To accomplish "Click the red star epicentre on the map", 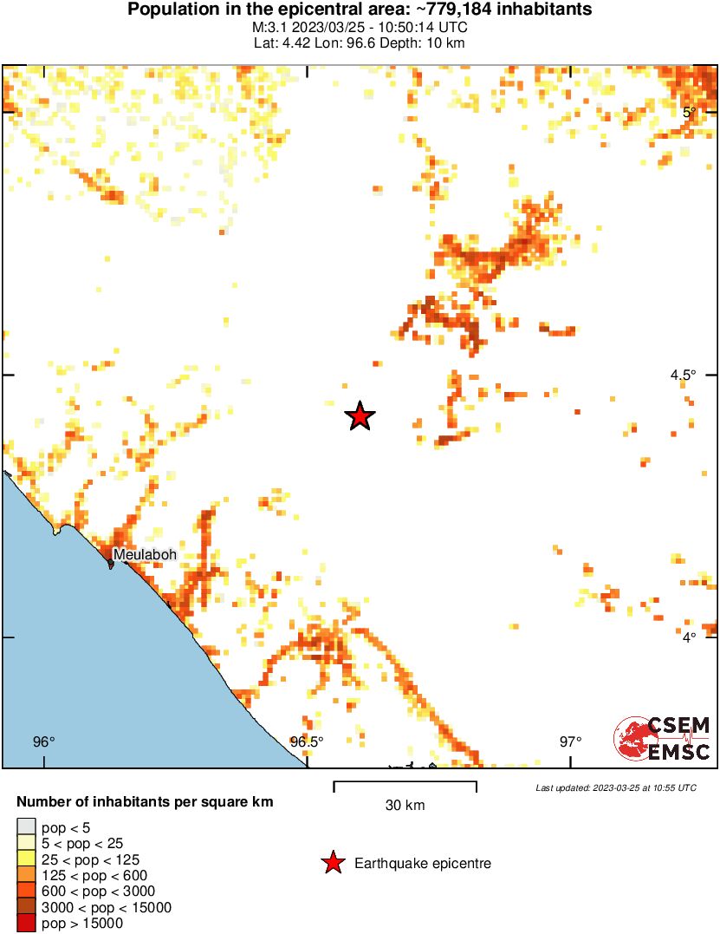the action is point(360,416).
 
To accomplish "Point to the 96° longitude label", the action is point(43,741).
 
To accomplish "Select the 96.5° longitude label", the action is point(307,741).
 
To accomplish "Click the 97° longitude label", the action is point(570,741).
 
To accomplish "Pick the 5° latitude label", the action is point(690,112).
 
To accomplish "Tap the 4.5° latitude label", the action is point(682,375).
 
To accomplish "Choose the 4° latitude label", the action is point(690,637).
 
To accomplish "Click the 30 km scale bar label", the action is point(405,805).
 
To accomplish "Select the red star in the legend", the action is point(332,863).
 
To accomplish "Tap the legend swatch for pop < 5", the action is point(27,827).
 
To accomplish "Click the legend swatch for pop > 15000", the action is point(27,924).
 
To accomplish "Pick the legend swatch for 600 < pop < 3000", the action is point(27,892).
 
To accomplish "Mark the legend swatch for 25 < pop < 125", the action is point(27,859).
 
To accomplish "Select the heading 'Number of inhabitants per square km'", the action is point(145,802).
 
